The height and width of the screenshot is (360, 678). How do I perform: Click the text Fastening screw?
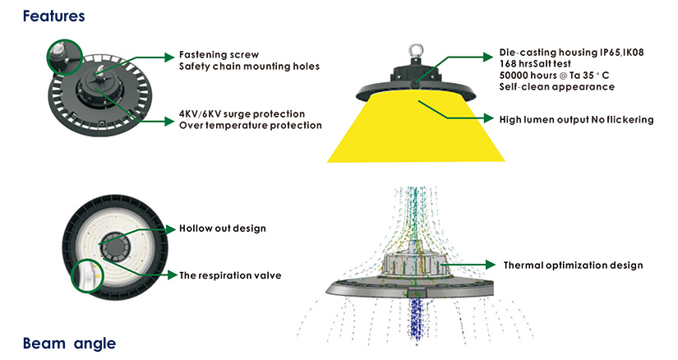[x=216, y=55]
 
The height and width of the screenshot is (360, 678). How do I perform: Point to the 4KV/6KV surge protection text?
[x=242, y=113]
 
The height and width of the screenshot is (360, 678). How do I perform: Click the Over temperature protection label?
[x=250, y=125]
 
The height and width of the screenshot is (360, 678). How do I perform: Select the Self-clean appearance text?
[x=556, y=87]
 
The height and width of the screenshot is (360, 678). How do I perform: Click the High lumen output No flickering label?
[x=576, y=120]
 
